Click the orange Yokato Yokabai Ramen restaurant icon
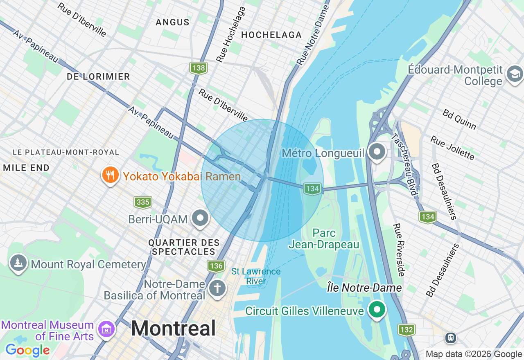tap(110, 175)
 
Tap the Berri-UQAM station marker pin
tap(201, 218)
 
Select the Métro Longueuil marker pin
tap(377, 152)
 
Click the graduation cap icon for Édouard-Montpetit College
tap(514, 74)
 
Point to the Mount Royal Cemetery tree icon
tap(18, 263)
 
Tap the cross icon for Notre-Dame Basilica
tap(217, 288)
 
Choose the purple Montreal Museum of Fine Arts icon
tap(106, 328)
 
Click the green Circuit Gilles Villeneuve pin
tap(377, 309)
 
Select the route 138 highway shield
tap(199, 68)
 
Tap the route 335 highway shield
tap(143, 202)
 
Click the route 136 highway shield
tap(216, 266)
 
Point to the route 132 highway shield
tap(406, 330)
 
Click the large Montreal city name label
tap(173, 328)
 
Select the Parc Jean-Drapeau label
tap(324, 239)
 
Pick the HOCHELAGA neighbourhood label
tap(271, 35)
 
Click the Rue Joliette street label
tap(452, 148)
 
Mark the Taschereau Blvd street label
tap(405, 164)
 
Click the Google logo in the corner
tap(27, 350)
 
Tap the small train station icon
tap(451, 338)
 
